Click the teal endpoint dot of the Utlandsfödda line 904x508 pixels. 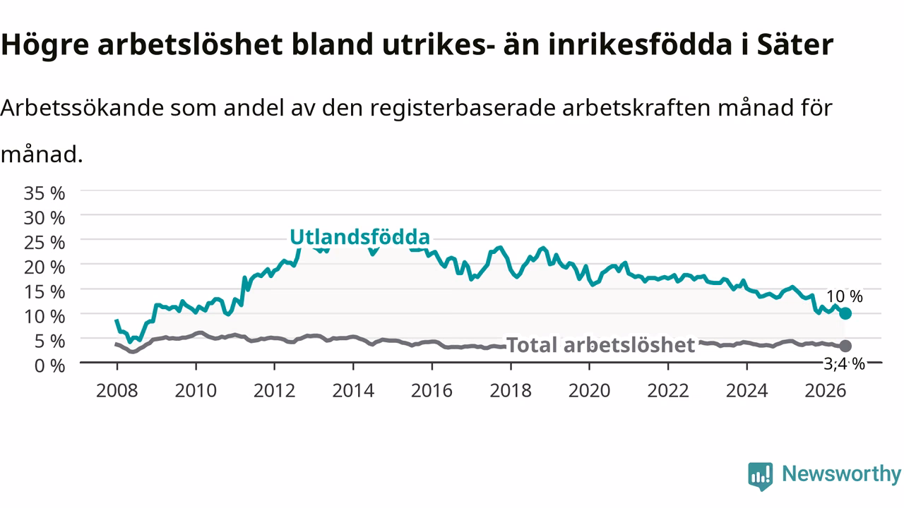(x=845, y=313)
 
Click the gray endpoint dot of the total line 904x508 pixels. (x=845, y=346)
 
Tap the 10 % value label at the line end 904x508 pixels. (x=844, y=296)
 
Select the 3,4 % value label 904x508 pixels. (x=844, y=364)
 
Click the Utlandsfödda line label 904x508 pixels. (x=359, y=236)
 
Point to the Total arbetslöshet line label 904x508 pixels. (x=600, y=345)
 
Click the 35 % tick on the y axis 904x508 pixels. (x=44, y=193)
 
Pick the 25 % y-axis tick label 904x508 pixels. (x=44, y=243)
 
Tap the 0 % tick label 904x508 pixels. (x=49, y=366)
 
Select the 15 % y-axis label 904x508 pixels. (x=44, y=292)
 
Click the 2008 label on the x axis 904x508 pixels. (x=117, y=391)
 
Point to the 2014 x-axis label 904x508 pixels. (x=353, y=391)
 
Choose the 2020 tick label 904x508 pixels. (x=589, y=391)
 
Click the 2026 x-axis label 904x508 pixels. (x=826, y=391)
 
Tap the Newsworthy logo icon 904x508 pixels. (x=761, y=476)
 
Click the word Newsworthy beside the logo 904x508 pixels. (x=842, y=473)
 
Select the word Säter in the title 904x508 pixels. (x=795, y=44)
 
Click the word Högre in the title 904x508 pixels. (x=44, y=45)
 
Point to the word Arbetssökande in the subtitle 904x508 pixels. (x=82, y=108)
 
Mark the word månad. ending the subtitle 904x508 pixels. (x=42, y=155)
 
